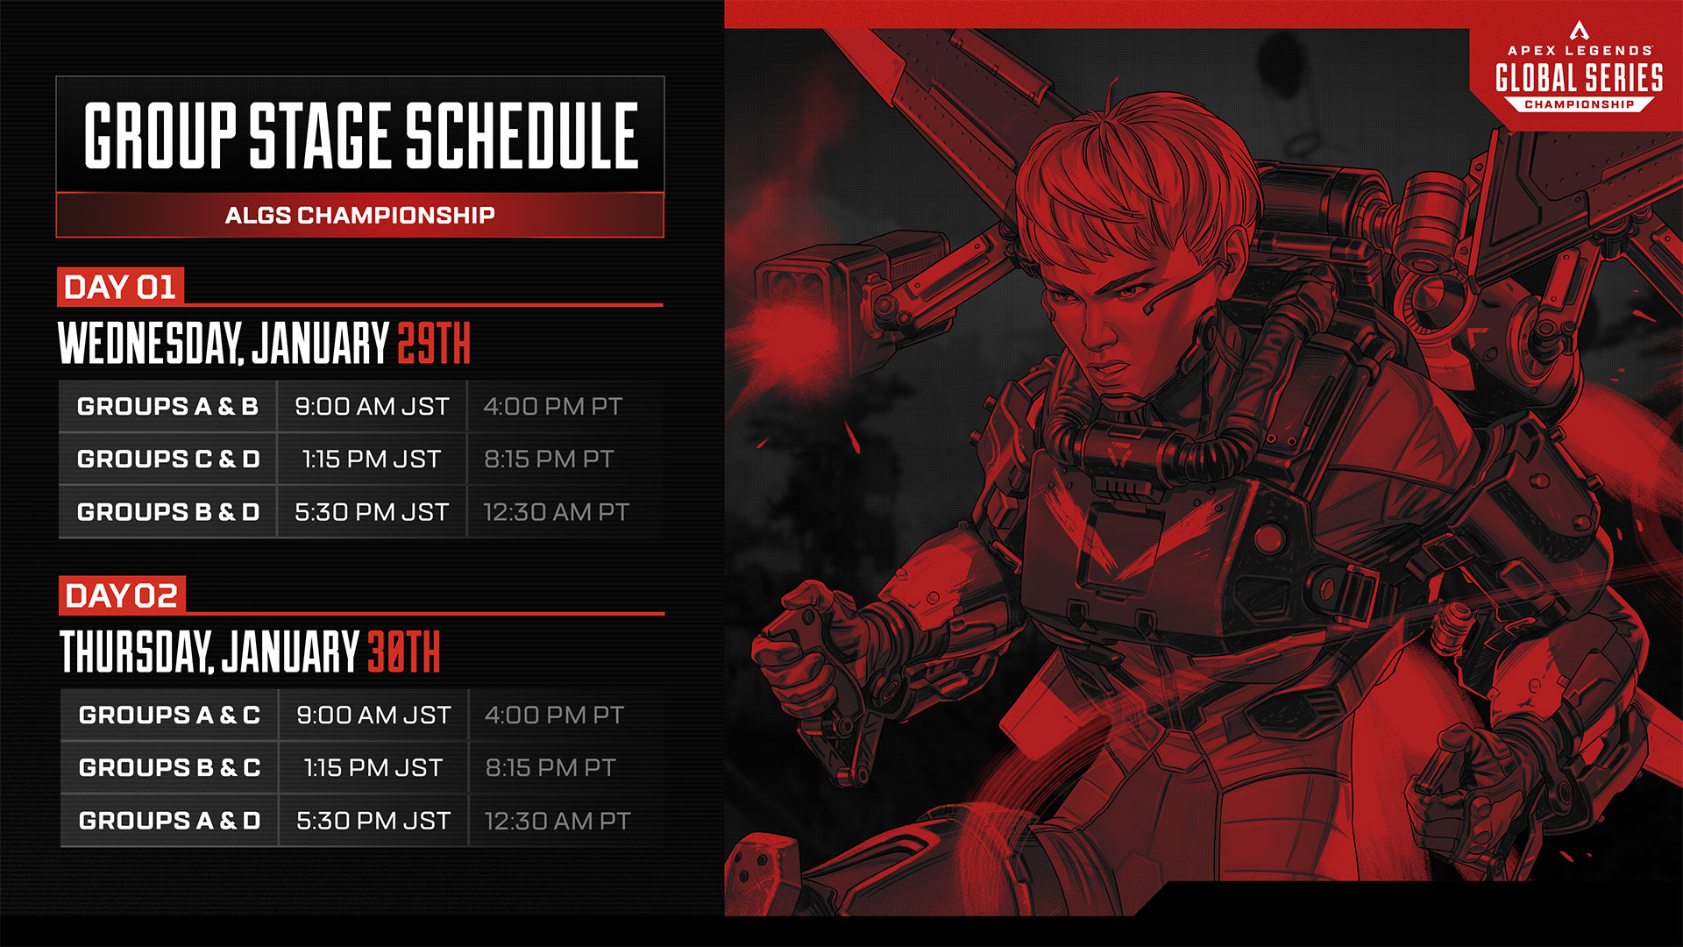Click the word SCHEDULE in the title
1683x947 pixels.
522,135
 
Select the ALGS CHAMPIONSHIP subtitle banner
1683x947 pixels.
360,215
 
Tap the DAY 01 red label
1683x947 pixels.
120,287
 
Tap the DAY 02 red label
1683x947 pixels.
122,595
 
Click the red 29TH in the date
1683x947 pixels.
434,343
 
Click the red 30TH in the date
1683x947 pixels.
403,652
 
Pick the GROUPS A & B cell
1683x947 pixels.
167,406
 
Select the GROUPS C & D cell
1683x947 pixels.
167,459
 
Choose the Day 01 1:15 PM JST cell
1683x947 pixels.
372,459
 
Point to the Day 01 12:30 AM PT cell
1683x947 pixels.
557,511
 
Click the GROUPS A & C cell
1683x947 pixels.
169,715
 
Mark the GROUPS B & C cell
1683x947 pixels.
169,767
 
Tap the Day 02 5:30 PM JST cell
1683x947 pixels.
373,820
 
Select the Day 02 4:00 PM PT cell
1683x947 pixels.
555,715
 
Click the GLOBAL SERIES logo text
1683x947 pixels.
1579,78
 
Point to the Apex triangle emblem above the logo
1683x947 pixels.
1580,31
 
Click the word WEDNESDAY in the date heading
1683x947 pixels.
150,343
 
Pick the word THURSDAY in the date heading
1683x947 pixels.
136,652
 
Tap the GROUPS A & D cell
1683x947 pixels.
169,820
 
